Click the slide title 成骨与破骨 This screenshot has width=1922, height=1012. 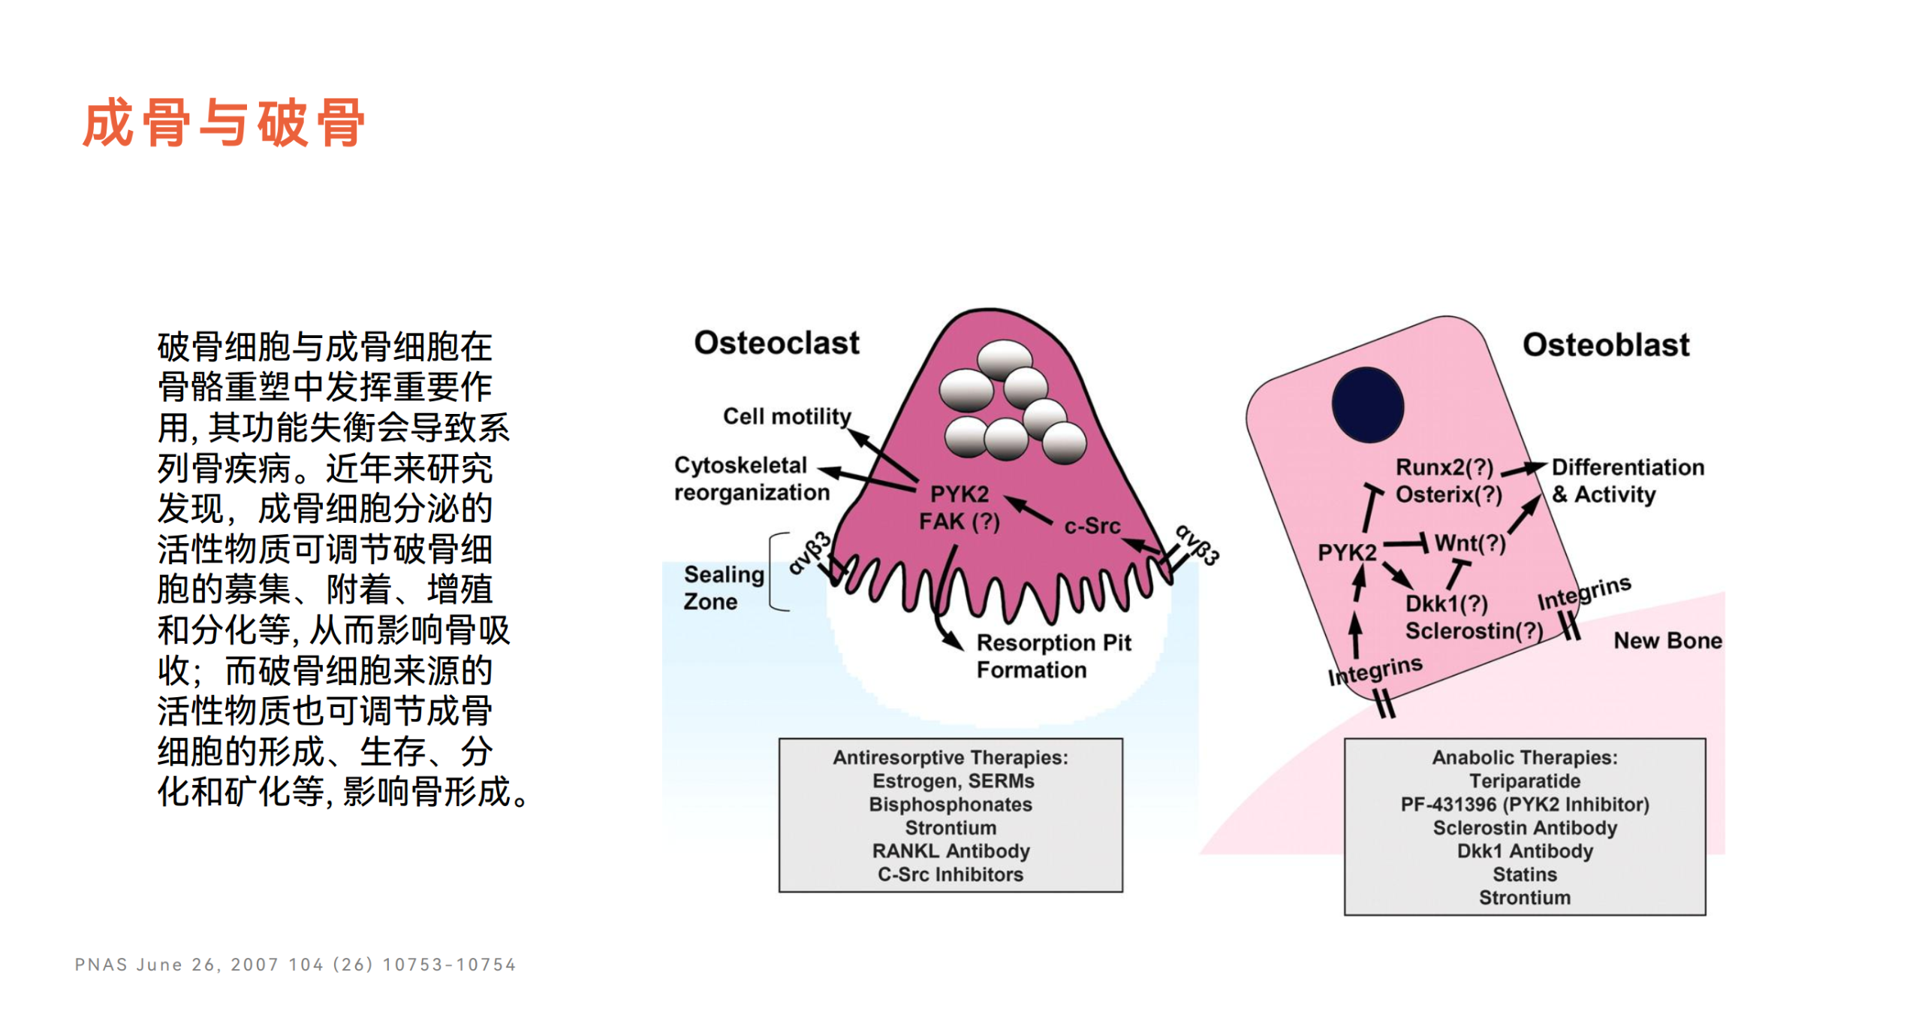pos(224,122)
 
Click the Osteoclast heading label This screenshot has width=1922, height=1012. pos(776,343)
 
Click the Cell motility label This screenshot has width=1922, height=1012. pos(786,416)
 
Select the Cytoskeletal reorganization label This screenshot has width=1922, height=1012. pos(751,479)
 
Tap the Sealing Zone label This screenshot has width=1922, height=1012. pos(722,588)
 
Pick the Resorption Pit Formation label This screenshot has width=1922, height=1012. pos(1053,656)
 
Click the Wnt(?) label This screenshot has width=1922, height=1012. pos(1469,542)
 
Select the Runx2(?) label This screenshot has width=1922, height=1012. pos(1443,467)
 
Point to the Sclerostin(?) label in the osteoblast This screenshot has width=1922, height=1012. pos(1473,630)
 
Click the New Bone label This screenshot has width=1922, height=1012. pos(1667,640)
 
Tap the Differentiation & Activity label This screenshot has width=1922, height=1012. pos(1626,481)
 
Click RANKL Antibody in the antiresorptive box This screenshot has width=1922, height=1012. pos(950,850)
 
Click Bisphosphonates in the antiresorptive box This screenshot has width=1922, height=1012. pos(950,804)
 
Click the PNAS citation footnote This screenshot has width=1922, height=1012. pos(295,964)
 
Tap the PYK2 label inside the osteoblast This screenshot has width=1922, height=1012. pos(1346,552)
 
